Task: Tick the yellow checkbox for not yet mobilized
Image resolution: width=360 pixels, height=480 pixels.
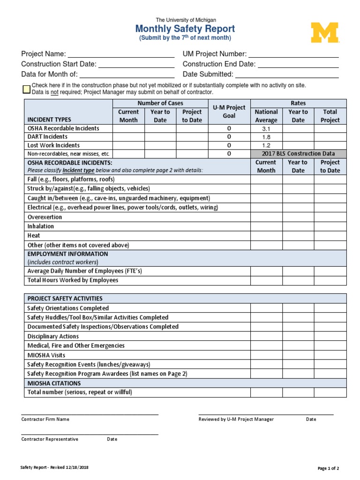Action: pyautogui.click(x=27, y=89)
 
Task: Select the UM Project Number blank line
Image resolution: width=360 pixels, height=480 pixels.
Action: pyautogui.click(x=293, y=54)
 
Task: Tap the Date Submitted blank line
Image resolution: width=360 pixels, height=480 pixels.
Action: pyautogui.click(x=287, y=75)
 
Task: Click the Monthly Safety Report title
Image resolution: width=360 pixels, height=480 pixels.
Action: pyautogui.click(x=185, y=29)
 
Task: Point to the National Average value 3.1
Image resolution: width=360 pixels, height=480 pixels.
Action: pyautogui.click(x=266, y=128)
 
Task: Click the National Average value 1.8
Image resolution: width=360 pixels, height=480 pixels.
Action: pyautogui.click(x=266, y=137)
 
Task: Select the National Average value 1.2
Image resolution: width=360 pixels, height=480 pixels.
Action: pyautogui.click(x=266, y=145)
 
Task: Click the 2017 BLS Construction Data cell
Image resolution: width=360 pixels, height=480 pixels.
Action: pyautogui.click(x=299, y=154)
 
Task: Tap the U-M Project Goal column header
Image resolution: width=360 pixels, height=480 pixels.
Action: pyautogui.click(x=229, y=112)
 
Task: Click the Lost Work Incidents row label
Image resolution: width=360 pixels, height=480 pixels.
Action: pyautogui.click(x=53, y=145)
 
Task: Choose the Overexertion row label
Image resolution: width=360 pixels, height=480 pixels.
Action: pyautogui.click(x=45, y=217)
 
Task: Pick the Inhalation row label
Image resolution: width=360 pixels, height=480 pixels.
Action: pyautogui.click(x=41, y=226)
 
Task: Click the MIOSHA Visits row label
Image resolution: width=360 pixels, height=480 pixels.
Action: pyautogui.click(x=46, y=355)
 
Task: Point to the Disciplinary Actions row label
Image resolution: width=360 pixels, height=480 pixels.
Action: pyautogui.click(x=53, y=336)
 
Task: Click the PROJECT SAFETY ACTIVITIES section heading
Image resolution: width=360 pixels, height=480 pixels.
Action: pyautogui.click(x=65, y=299)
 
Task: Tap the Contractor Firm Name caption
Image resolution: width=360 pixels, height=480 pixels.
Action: pyautogui.click(x=45, y=420)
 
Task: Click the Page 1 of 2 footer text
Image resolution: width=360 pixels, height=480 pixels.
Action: pyautogui.click(x=328, y=468)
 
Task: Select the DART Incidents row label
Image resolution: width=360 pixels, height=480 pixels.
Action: pyautogui.click(x=47, y=137)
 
